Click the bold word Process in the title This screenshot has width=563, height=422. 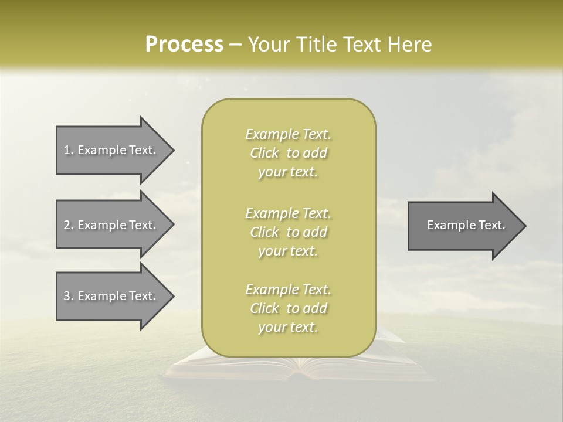coord(184,44)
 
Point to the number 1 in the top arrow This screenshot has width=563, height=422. coord(66,150)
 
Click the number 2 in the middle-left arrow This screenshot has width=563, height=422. coord(66,225)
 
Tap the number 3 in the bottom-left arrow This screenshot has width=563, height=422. coord(66,296)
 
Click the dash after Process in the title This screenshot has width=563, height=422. coord(236,45)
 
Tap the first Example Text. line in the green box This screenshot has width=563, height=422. coord(288,134)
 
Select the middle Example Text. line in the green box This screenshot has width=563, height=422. coord(288,213)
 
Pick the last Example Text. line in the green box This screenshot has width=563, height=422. coord(288,290)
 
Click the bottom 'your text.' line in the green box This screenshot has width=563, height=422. coord(288,328)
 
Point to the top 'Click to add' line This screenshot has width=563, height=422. coord(288,154)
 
